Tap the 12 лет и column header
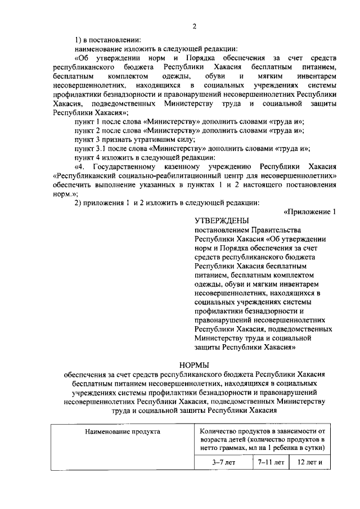309,462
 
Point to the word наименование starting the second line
100,49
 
